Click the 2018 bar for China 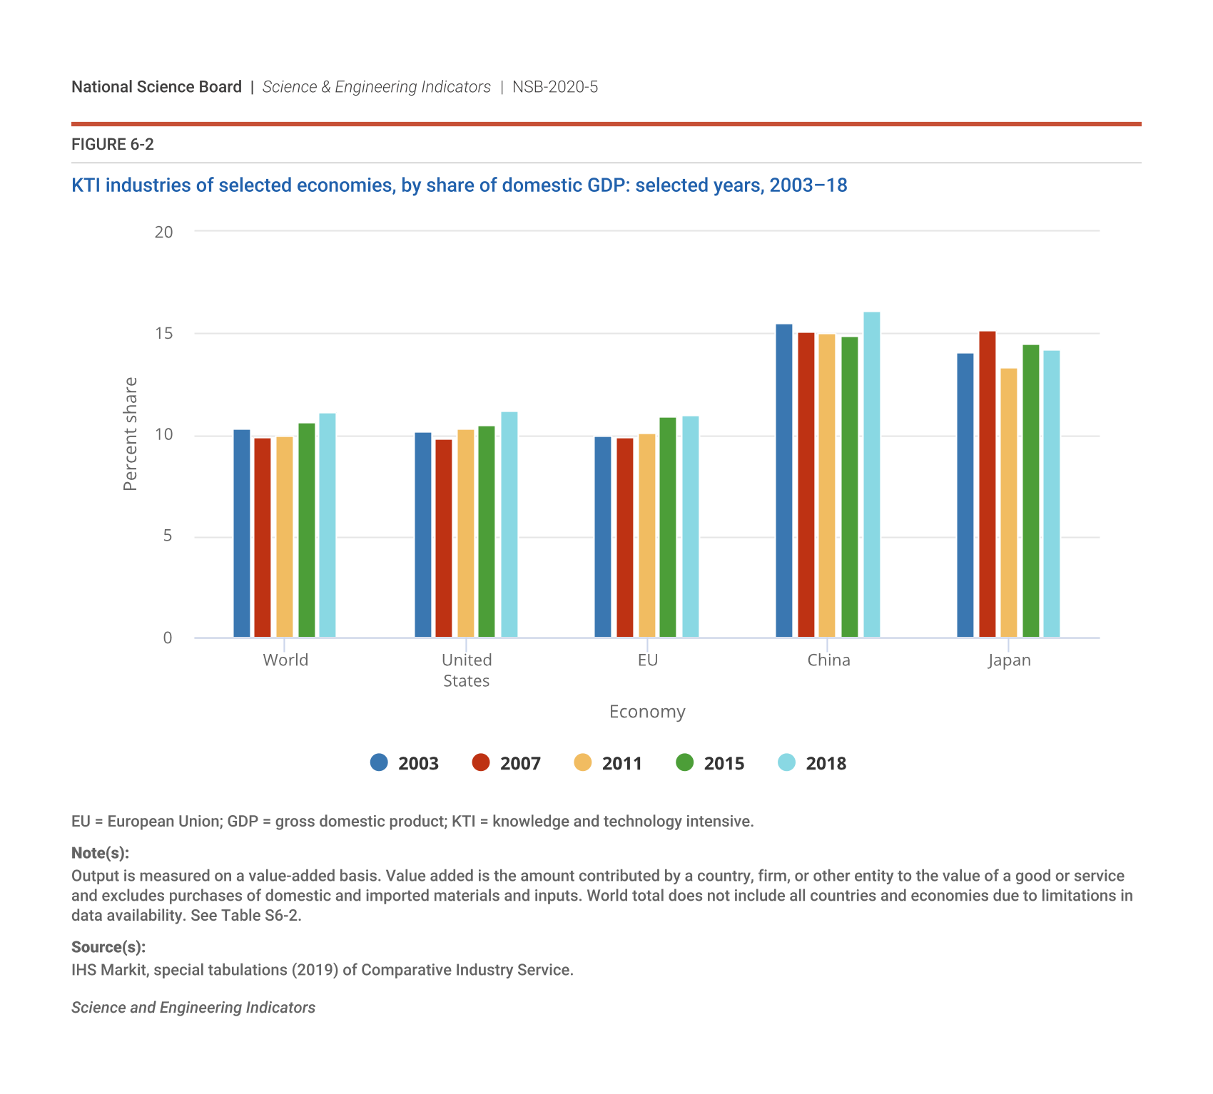[871, 475]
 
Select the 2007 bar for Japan [987, 484]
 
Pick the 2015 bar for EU [667, 527]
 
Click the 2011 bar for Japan [1008, 503]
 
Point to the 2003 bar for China [784, 481]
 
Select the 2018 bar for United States [509, 525]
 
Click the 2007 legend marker [481, 762]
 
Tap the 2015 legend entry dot [684, 762]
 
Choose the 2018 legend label [826, 764]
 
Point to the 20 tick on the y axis [164, 232]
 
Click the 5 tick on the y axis [168, 536]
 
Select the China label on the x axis [828, 660]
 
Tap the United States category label [467, 670]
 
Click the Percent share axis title [130, 434]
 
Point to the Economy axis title [647, 712]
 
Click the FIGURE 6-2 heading [113, 145]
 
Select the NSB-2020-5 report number [555, 87]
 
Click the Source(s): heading [108, 947]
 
